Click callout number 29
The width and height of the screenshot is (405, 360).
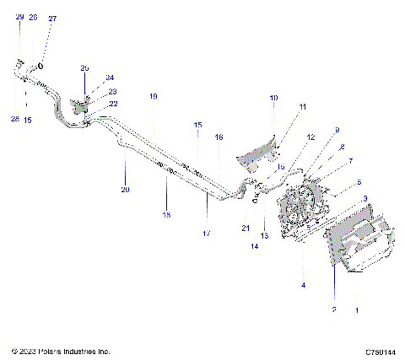coord(19,17)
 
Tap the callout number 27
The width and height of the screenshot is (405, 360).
coord(52,18)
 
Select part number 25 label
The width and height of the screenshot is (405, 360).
coord(84,67)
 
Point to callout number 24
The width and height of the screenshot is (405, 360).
coord(110,78)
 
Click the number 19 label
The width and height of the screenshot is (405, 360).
coord(153,97)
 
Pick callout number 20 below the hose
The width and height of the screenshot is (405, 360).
coord(125,190)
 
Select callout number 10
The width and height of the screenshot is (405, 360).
coord(273,99)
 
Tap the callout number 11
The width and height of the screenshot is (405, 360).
coord(303,106)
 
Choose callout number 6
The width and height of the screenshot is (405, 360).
coord(359,182)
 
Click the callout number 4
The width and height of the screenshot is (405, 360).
coord(303,285)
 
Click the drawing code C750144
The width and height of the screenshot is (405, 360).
coord(381,351)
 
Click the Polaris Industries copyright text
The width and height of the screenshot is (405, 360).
coord(55,351)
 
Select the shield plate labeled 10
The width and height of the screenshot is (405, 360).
coord(257,156)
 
